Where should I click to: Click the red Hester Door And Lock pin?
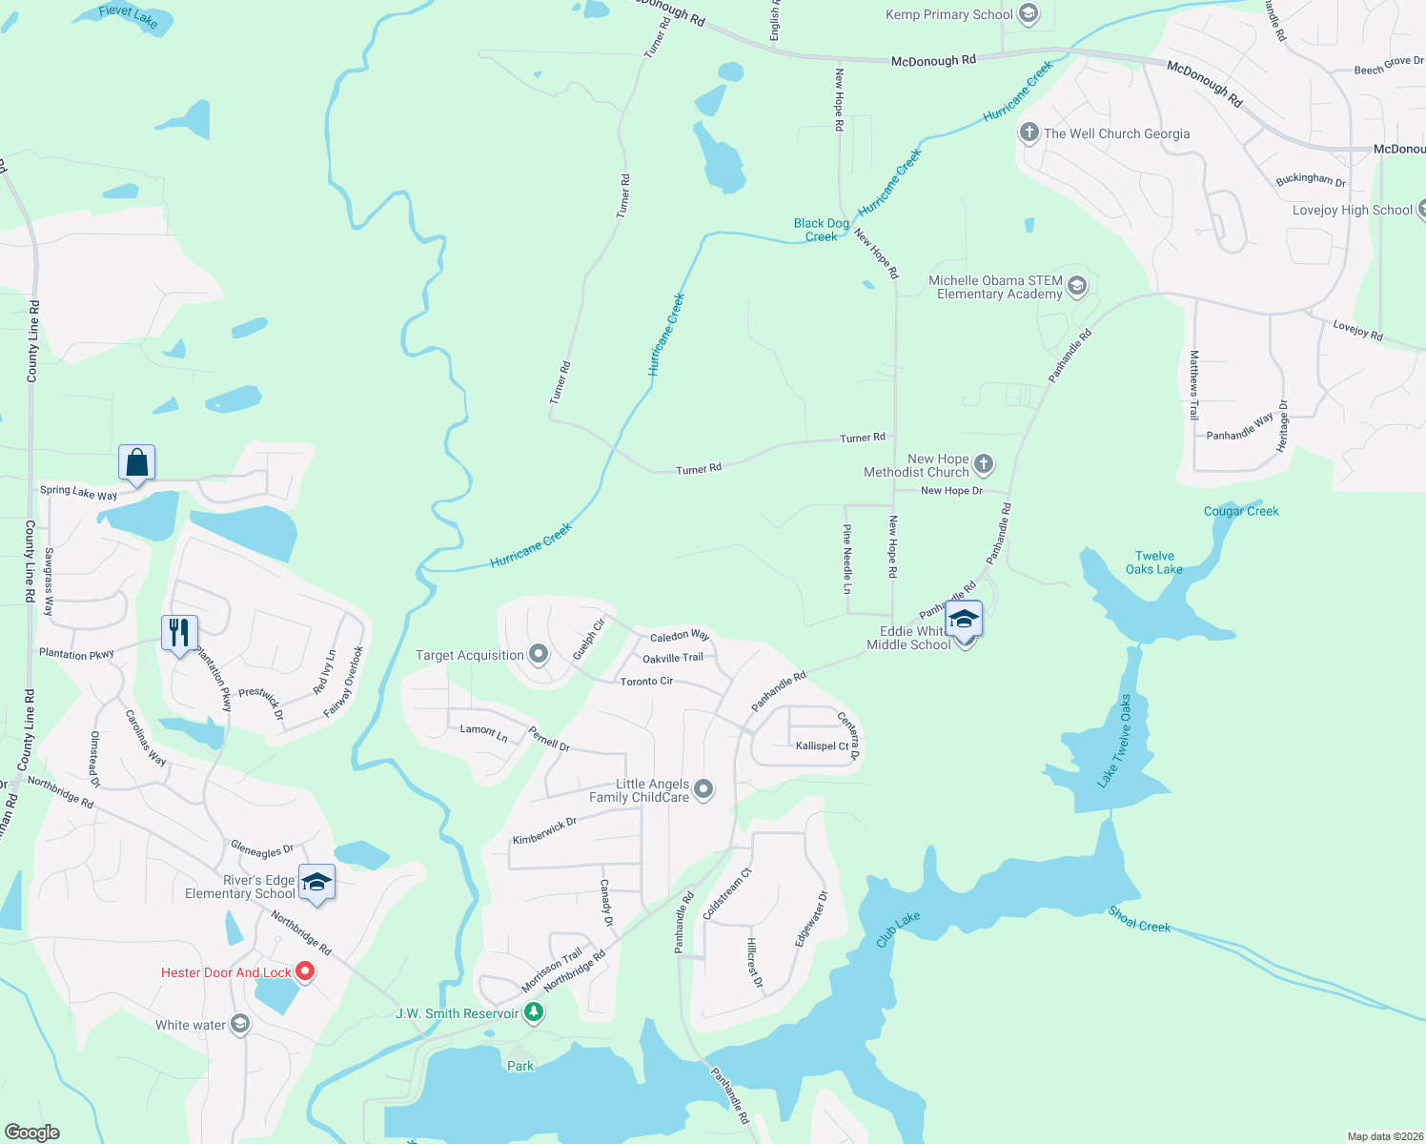click(305, 971)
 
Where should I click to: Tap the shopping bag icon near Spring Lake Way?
click(137, 463)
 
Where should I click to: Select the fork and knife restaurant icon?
click(179, 633)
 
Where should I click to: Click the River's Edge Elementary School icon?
click(316, 882)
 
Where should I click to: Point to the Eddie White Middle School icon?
click(964, 621)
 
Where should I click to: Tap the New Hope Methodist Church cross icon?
click(984, 464)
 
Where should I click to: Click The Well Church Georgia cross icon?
click(1029, 133)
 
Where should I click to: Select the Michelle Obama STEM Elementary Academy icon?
click(1077, 286)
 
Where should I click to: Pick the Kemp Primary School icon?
click(1028, 14)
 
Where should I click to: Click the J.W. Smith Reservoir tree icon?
click(534, 1012)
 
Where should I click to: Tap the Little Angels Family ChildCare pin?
click(703, 789)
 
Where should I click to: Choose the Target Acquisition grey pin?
click(539, 655)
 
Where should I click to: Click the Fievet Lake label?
click(128, 15)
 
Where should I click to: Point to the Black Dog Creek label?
click(821, 230)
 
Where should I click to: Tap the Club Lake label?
click(898, 929)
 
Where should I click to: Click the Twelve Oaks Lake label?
click(1153, 562)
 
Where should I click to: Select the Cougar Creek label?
click(1241, 511)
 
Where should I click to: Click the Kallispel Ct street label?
click(822, 746)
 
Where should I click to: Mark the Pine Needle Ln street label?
click(846, 559)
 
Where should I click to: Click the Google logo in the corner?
click(32, 1132)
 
